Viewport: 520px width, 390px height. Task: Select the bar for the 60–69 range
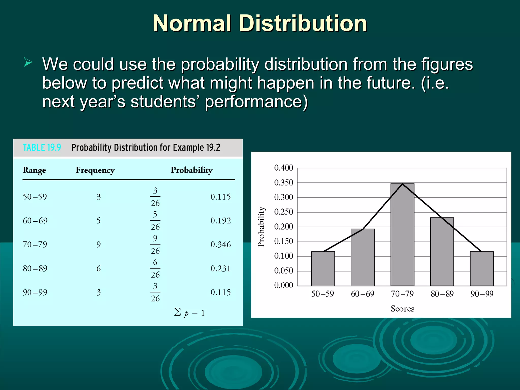click(363, 258)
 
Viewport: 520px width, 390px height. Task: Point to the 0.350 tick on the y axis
click(284, 183)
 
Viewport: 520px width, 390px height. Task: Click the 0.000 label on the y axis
click(284, 285)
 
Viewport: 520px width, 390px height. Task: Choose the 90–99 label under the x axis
click(482, 294)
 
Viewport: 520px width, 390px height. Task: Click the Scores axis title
click(402, 309)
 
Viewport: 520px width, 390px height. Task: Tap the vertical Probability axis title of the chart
click(261, 227)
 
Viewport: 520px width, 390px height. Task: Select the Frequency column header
click(95, 170)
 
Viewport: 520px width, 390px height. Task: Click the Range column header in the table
click(35, 170)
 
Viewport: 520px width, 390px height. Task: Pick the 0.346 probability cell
click(221, 245)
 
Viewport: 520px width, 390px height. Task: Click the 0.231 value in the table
click(220, 269)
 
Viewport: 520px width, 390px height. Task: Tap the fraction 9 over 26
click(155, 245)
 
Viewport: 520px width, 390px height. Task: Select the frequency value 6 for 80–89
click(99, 269)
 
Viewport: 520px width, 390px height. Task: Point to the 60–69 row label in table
click(35, 221)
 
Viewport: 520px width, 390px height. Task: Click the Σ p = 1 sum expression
click(189, 313)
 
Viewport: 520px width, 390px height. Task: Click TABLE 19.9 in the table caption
click(42, 148)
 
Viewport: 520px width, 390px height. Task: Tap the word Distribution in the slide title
click(303, 23)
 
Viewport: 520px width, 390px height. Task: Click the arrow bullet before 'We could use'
click(28, 62)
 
